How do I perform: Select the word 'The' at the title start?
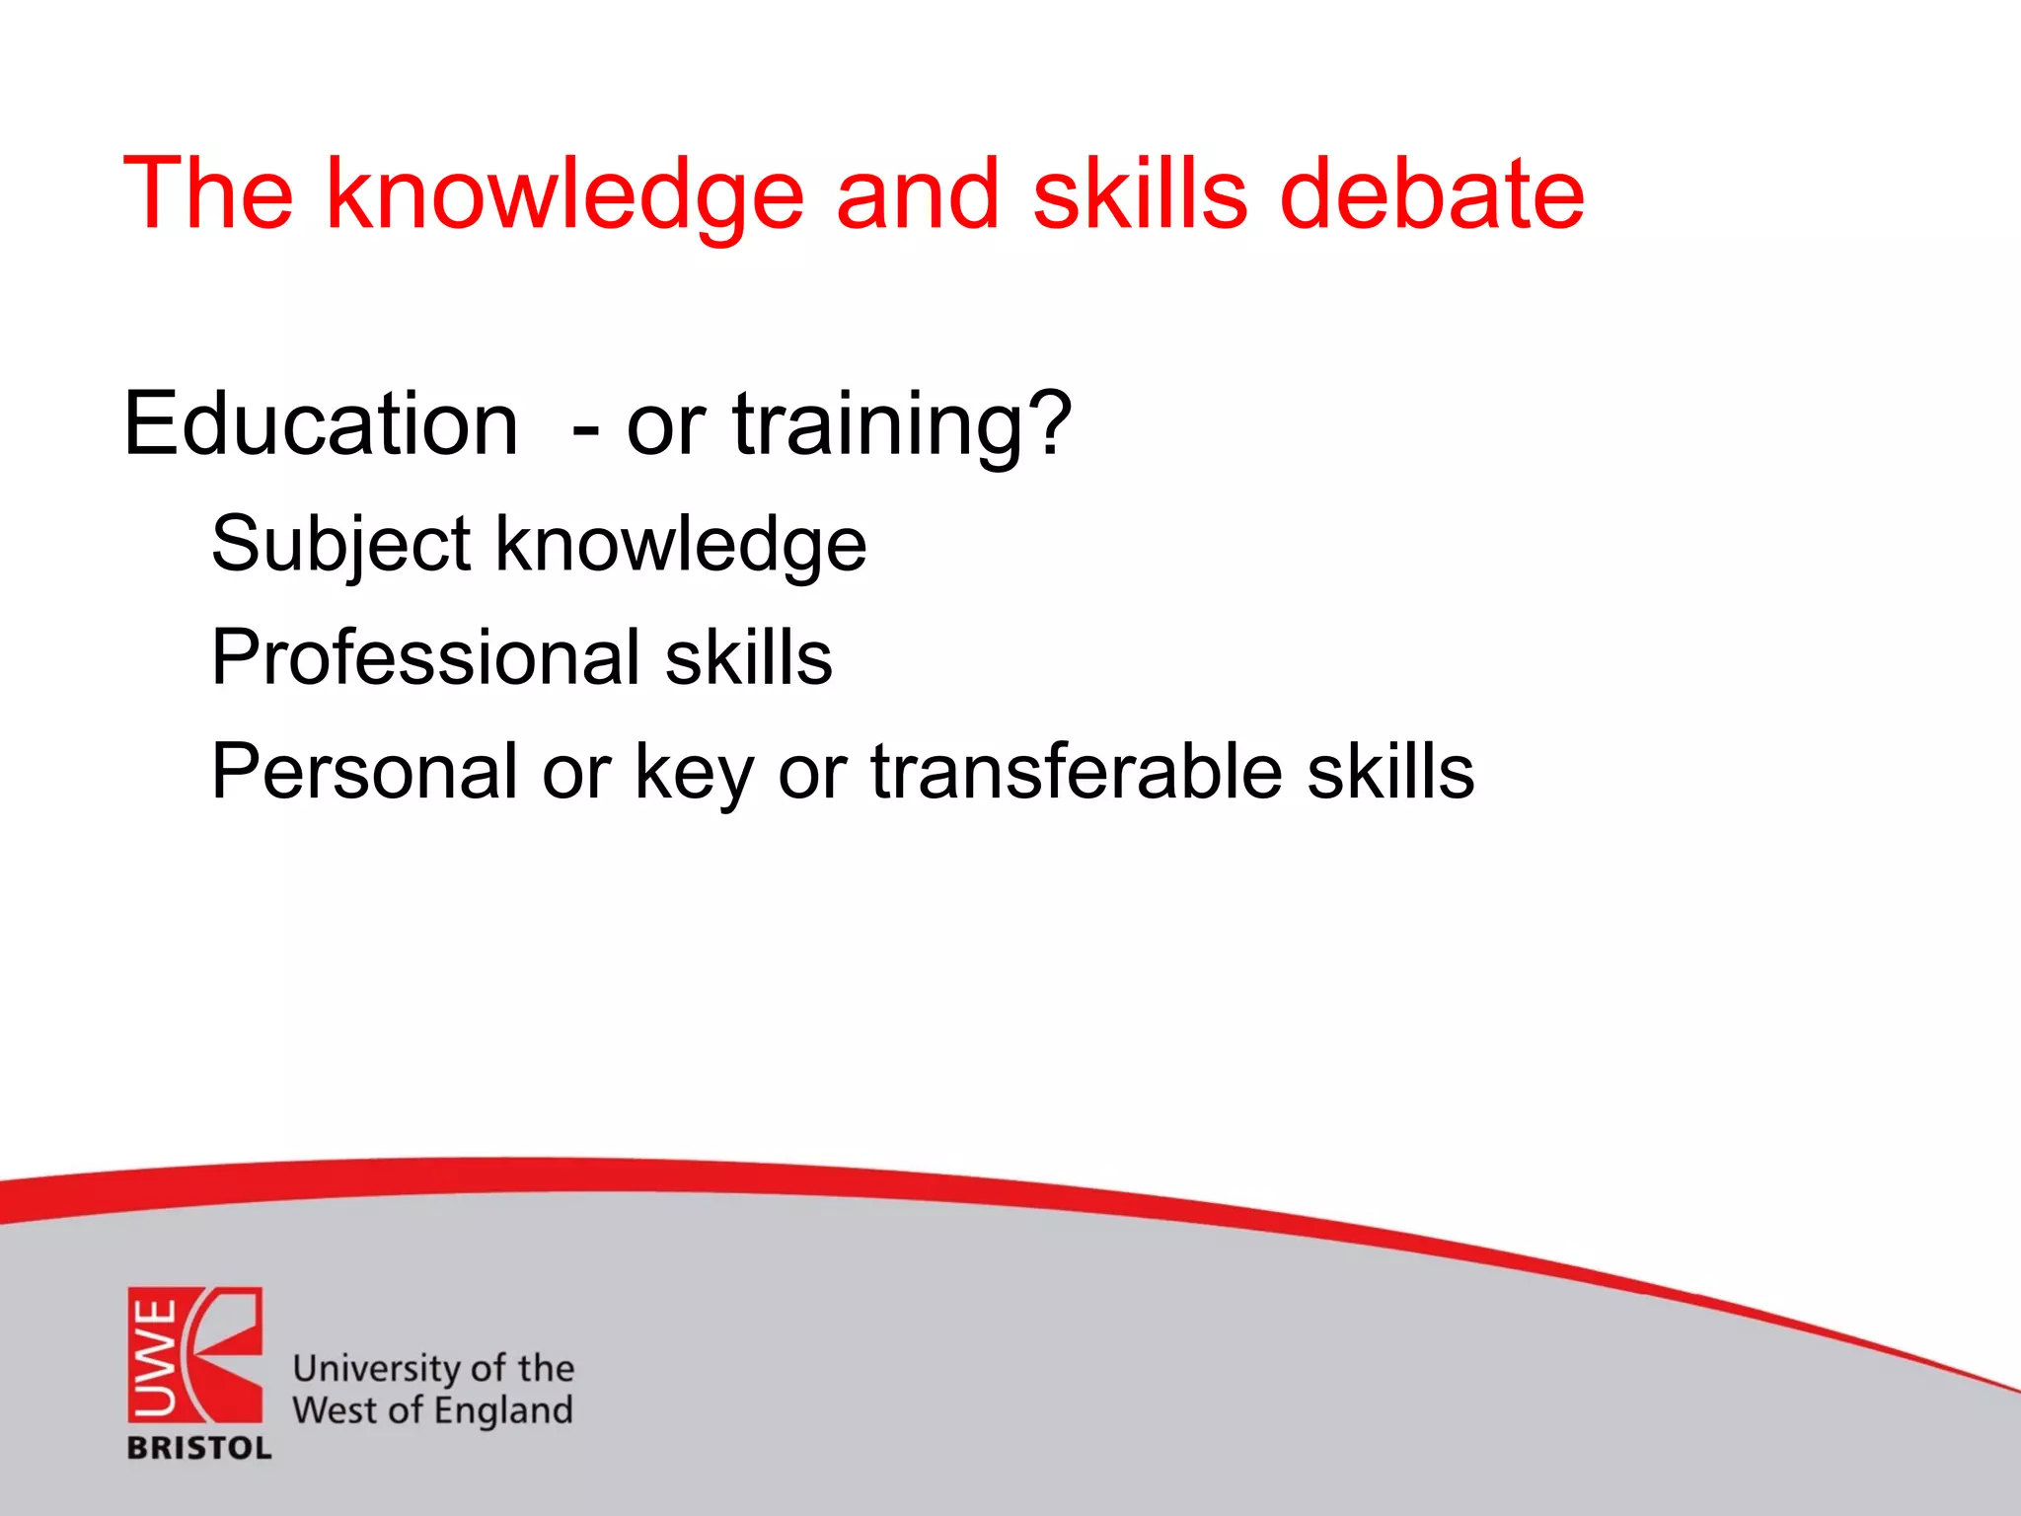[208, 194]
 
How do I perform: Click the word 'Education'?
[321, 423]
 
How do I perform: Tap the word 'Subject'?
[340, 546]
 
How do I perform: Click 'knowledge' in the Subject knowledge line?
[680, 546]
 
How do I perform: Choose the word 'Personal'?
[363, 771]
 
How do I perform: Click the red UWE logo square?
[194, 1354]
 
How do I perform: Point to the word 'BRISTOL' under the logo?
[199, 1448]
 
